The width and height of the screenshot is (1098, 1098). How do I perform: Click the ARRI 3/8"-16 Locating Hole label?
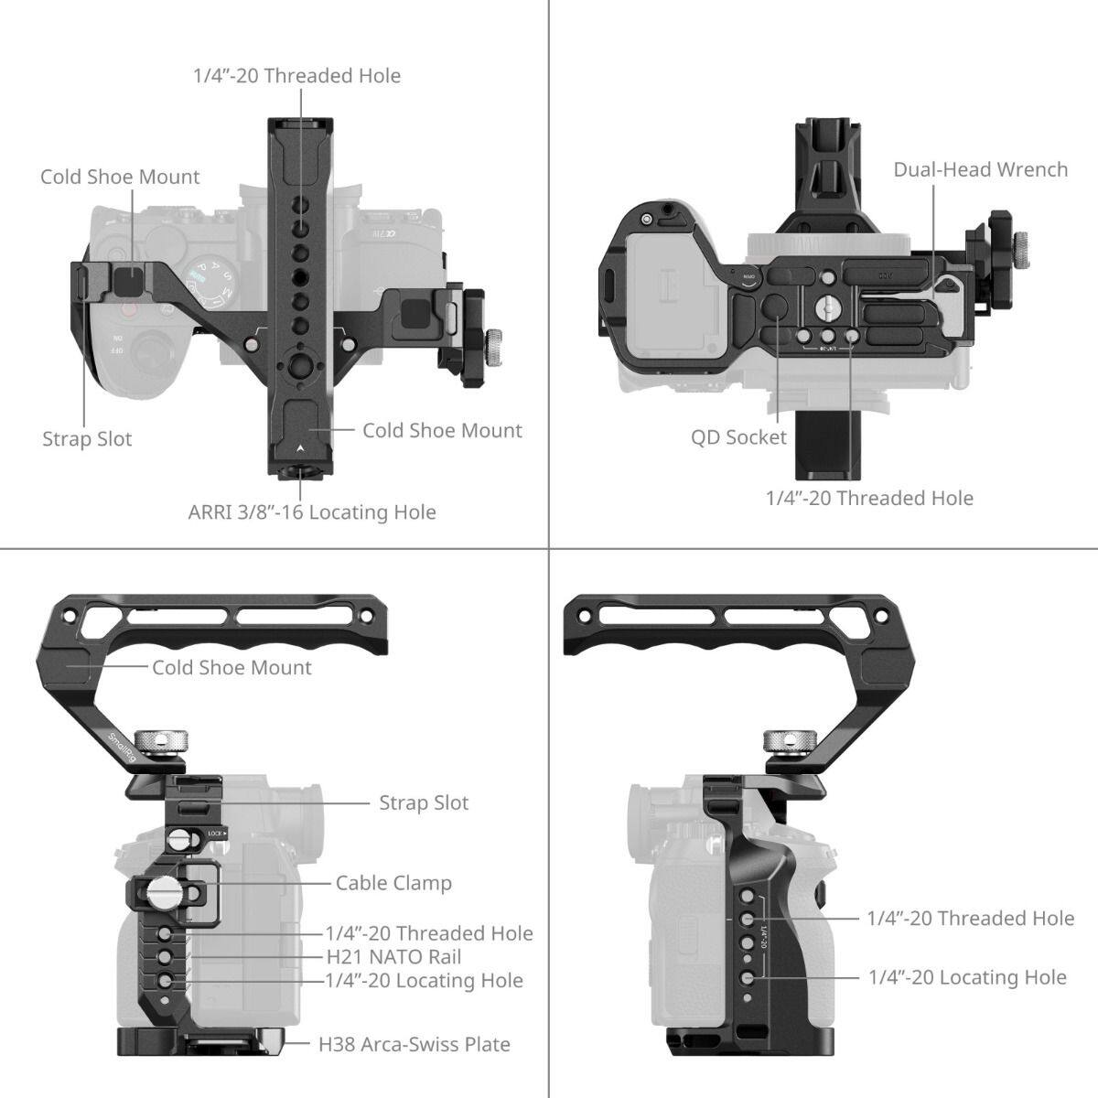(312, 511)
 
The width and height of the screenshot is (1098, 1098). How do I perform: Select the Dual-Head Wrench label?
(980, 169)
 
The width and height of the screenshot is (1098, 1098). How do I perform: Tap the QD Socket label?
(738, 437)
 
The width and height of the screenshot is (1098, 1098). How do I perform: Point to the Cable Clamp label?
(393, 883)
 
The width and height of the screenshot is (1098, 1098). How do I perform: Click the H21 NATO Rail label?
(393, 957)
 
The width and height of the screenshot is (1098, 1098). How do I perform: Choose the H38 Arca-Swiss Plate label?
(414, 1044)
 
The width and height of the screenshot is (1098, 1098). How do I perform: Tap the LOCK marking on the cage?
(216, 833)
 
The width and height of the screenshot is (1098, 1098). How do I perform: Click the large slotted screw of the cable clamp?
(164, 888)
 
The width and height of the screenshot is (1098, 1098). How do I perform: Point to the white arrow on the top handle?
(301, 449)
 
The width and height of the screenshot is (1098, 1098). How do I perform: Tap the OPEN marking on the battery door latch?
(748, 277)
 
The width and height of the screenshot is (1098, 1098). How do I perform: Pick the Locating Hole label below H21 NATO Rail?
(424, 980)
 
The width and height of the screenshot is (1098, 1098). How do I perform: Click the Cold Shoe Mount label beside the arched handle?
(231, 668)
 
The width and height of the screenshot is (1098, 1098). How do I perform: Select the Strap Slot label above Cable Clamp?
(424, 802)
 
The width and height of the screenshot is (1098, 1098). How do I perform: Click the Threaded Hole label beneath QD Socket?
(869, 498)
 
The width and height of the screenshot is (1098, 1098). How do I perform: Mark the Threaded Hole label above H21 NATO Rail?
(429, 933)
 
